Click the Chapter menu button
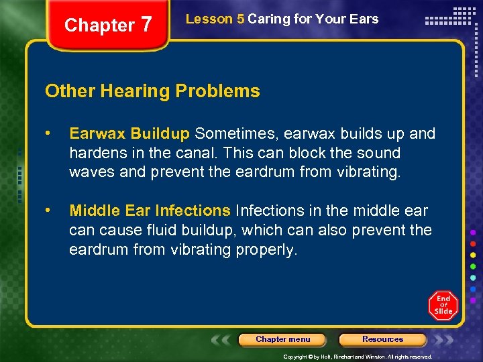pyautogui.click(x=282, y=339)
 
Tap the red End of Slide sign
pyautogui.click(x=443, y=305)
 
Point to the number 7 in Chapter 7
pyautogui.click(x=146, y=25)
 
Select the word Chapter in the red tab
pyautogui.click(x=99, y=25)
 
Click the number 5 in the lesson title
pyautogui.click(x=240, y=19)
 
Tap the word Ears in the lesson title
pyautogui.click(x=364, y=19)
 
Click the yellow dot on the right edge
pyautogui.click(x=474, y=255)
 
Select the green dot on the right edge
pyautogui.click(x=474, y=266)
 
